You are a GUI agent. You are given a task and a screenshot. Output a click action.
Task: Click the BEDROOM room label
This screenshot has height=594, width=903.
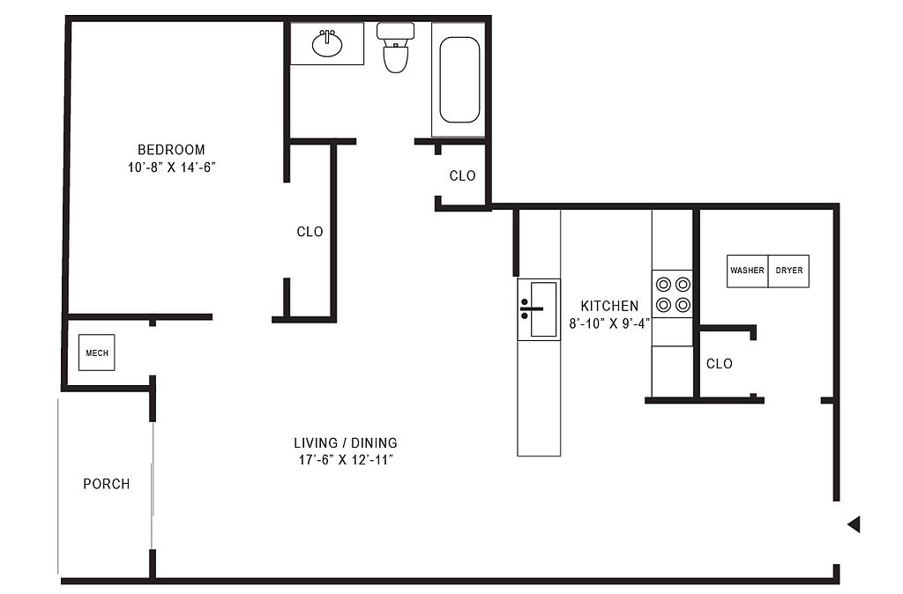(171, 150)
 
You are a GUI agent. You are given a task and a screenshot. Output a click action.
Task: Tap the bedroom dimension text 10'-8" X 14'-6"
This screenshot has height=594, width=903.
(172, 167)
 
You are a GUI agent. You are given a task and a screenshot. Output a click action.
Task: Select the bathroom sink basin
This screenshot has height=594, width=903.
(327, 43)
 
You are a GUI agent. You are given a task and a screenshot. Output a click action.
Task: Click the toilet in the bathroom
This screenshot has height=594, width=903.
(396, 48)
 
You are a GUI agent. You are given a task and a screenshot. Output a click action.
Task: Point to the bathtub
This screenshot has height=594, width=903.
(459, 79)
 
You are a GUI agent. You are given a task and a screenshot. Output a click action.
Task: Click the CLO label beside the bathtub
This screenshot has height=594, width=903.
(462, 175)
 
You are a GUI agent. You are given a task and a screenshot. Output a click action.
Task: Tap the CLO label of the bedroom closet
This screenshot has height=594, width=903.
(310, 232)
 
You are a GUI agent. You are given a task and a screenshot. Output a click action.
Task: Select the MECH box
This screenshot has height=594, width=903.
(97, 353)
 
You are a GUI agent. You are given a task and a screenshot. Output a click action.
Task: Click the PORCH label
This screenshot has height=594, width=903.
(107, 484)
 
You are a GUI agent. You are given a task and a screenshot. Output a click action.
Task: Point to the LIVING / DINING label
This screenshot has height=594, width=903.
(346, 442)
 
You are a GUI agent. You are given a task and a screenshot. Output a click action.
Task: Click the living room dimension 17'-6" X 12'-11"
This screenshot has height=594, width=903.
(346, 460)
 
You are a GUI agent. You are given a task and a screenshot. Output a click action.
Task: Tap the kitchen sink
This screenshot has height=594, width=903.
(539, 309)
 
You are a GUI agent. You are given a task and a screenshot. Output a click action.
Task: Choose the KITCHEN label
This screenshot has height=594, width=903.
(609, 306)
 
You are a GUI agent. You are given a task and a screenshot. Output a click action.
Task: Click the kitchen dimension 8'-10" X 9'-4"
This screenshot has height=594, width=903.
(609, 323)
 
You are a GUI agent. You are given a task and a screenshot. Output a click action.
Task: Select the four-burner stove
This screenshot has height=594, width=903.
(673, 294)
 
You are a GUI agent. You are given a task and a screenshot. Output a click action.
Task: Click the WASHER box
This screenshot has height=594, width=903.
(748, 271)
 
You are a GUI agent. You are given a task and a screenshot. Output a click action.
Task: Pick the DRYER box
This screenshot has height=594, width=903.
(789, 271)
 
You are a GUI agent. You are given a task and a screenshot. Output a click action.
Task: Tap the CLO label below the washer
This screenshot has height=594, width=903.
(720, 364)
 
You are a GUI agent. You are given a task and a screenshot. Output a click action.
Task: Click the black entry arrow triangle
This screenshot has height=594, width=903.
(854, 524)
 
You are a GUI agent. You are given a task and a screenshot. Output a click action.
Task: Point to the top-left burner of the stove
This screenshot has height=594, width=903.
(663, 285)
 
